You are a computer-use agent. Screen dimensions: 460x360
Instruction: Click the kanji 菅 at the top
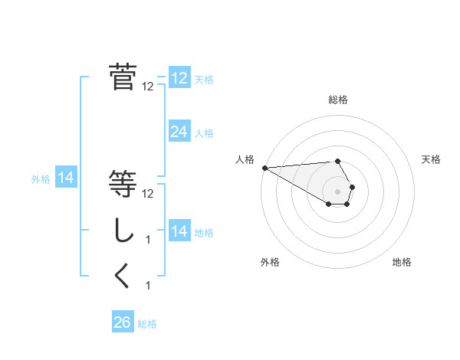123,77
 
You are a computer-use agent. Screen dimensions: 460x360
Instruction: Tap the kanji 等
123,183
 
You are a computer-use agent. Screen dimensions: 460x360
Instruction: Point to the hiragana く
123,276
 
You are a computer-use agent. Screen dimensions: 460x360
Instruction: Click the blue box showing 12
179,78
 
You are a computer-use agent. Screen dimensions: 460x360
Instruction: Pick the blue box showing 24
179,132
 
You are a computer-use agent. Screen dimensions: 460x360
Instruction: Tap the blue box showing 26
122,322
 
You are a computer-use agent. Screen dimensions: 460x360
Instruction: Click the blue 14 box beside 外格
66,178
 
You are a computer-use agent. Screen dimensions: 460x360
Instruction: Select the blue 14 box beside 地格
179,231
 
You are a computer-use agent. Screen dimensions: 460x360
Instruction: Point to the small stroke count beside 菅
148,87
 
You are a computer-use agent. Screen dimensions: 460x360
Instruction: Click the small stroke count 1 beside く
148,286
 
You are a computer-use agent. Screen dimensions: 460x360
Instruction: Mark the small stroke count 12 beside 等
148,193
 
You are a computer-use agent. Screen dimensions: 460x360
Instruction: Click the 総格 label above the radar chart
338,100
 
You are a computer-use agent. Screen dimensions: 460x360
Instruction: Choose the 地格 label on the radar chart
402,263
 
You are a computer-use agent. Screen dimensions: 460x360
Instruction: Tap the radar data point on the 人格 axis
264,167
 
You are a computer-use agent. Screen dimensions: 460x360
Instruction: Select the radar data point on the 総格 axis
338,161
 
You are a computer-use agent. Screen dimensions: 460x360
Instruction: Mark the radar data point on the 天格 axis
352,187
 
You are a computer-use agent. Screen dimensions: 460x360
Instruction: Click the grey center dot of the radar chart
338,191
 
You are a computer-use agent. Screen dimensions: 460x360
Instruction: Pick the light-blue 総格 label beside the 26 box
147,324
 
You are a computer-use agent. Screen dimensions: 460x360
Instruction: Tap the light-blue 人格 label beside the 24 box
204,133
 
